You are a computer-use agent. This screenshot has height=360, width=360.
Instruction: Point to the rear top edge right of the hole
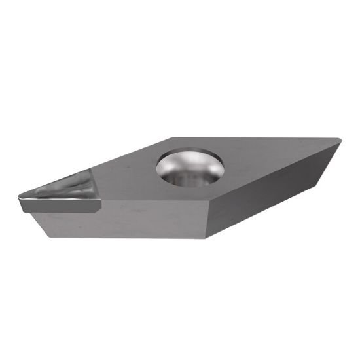point(262,138)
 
